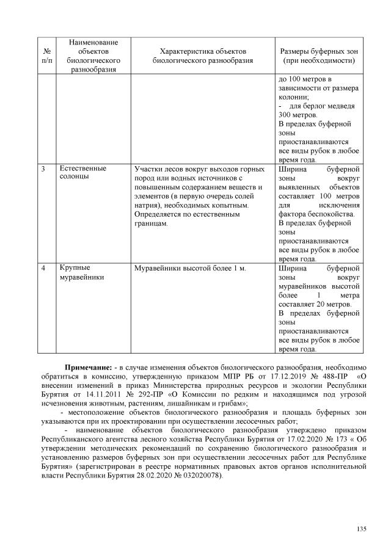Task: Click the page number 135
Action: pyautogui.click(x=361, y=529)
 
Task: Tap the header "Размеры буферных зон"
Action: pyautogui.click(x=318, y=56)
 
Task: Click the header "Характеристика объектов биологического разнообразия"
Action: pyautogui.click(x=201, y=56)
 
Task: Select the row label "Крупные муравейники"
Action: pyautogui.click(x=82, y=272)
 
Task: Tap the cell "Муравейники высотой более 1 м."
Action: pyautogui.click(x=189, y=268)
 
